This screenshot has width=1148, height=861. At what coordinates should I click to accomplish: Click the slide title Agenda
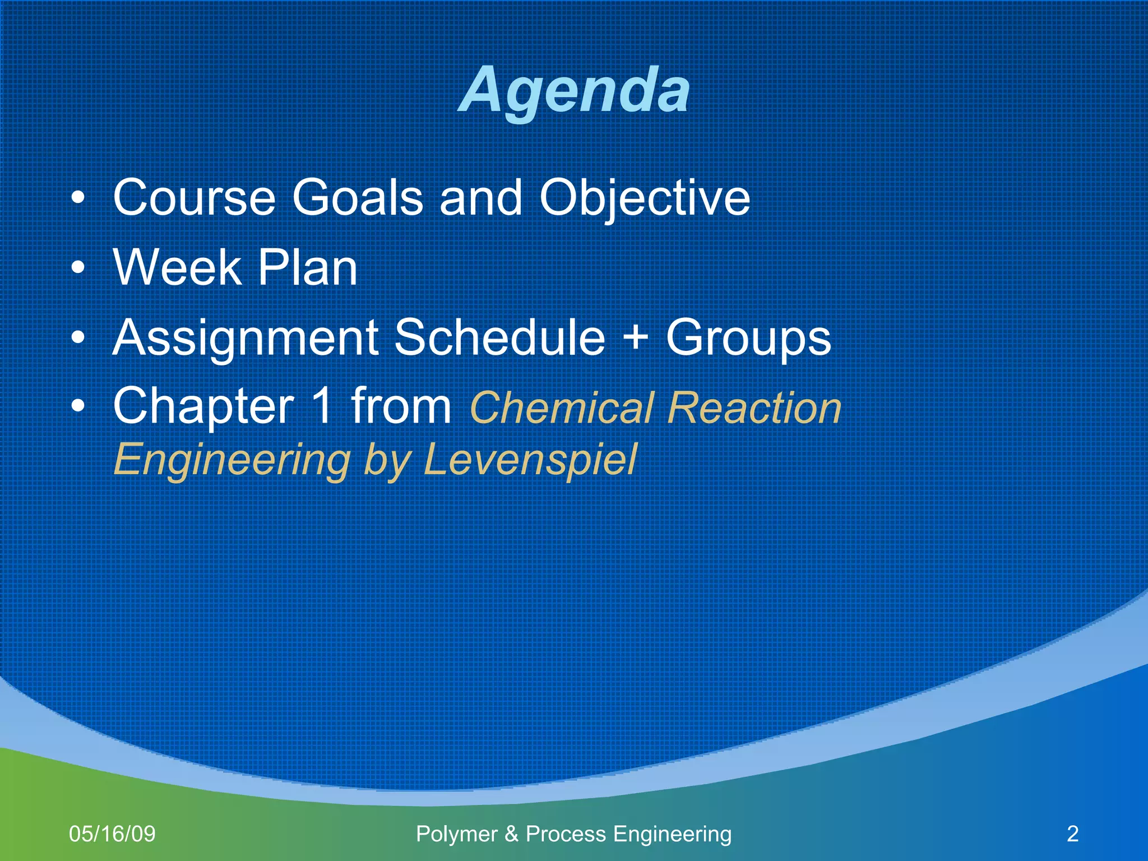coord(574,90)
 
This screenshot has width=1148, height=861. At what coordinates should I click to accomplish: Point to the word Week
coord(177,267)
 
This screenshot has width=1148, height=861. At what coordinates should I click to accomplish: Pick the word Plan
coord(307,267)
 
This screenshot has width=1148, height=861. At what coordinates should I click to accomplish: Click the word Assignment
coord(246,337)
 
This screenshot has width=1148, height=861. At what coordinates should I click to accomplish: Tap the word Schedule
coord(500,337)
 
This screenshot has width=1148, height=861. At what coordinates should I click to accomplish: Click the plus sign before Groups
coord(636,337)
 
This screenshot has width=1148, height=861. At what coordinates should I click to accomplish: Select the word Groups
coord(748,337)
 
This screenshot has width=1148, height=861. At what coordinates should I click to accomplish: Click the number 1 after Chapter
coord(322,406)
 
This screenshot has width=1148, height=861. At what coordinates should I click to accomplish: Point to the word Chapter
coord(203,406)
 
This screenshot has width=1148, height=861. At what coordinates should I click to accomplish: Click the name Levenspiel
coord(530,460)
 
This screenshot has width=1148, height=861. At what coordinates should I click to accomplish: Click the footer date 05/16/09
coord(112,834)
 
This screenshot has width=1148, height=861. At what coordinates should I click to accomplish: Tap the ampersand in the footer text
coord(511,834)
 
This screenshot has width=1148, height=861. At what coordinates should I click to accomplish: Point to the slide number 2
coord(1072,834)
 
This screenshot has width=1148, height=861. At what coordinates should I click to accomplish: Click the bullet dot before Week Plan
coord(78,268)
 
